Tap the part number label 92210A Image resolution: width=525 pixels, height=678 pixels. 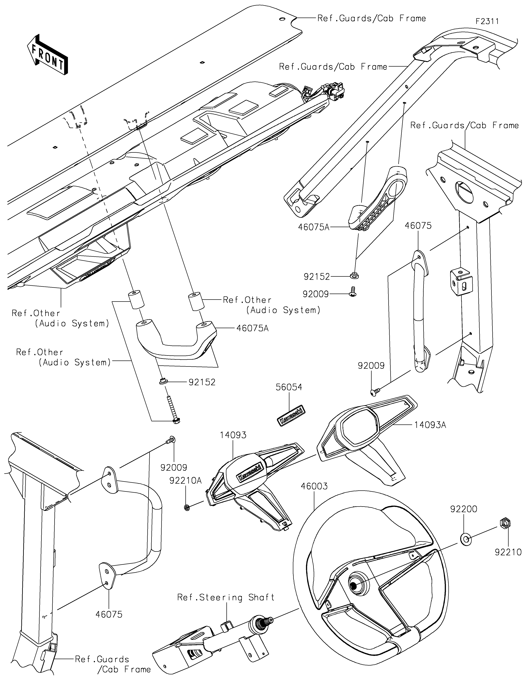(185, 481)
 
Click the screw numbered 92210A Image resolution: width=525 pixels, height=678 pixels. (187, 508)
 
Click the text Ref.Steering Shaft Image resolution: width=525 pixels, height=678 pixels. (226, 598)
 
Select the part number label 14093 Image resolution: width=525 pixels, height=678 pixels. (233, 435)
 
